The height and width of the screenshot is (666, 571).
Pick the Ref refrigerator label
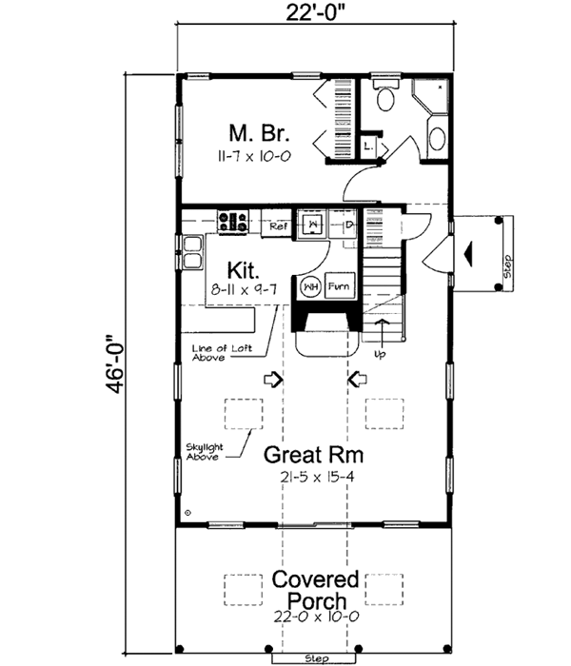pos(279,227)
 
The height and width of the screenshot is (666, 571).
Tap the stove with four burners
pos(234,223)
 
